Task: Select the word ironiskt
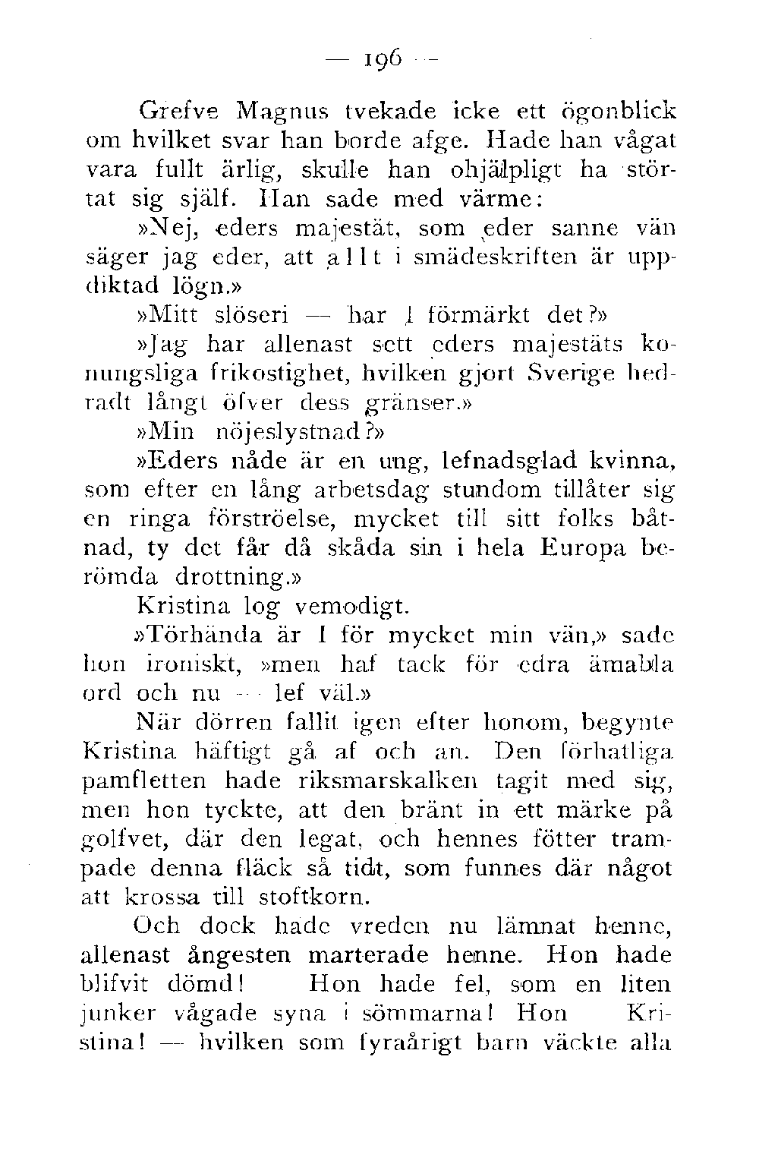pos(193,664)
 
